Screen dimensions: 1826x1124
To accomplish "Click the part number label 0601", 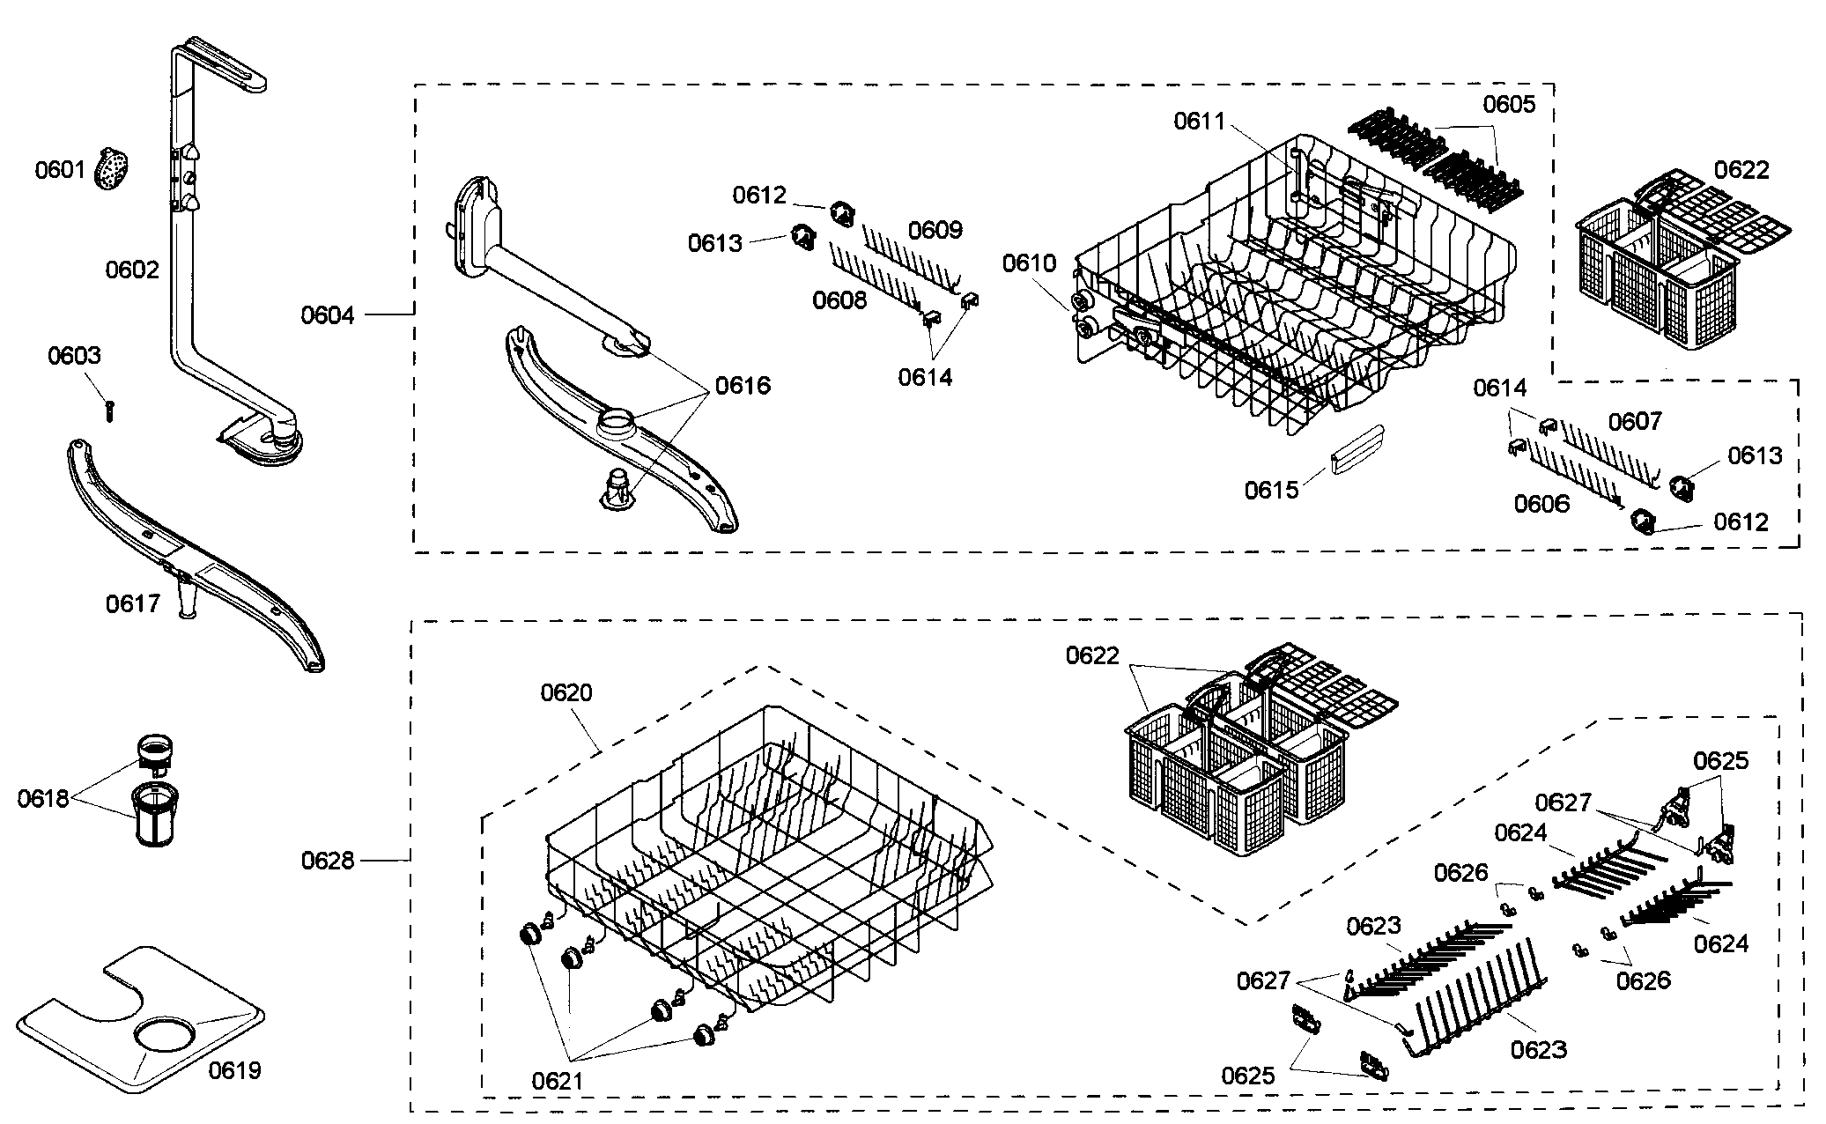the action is [x=60, y=169].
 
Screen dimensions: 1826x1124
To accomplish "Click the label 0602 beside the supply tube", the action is [x=132, y=270].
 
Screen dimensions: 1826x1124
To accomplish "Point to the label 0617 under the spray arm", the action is [x=133, y=603].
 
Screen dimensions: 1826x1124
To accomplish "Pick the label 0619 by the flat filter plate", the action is [x=234, y=1070].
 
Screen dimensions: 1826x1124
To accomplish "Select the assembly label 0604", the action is [x=327, y=314].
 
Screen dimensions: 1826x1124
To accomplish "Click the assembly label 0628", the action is [x=328, y=860].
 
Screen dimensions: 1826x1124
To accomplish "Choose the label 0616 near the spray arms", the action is [x=743, y=385].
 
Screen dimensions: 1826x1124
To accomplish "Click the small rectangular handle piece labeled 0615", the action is [x=1357, y=449].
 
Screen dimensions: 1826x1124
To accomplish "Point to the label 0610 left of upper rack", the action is [x=1029, y=263].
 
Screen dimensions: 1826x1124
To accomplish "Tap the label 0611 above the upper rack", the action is [x=1200, y=121].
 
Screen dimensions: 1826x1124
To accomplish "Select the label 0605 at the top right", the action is [x=1509, y=104].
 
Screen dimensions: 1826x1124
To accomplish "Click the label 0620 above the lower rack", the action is [x=566, y=692].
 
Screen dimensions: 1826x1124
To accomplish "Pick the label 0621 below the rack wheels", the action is [x=558, y=1080].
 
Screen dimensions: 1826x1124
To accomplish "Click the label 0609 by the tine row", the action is [x=935, y=230].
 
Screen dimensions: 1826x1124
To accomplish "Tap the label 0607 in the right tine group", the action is [x=1635, y=421].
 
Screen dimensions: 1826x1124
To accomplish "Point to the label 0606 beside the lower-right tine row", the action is [x=1541, y=503].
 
